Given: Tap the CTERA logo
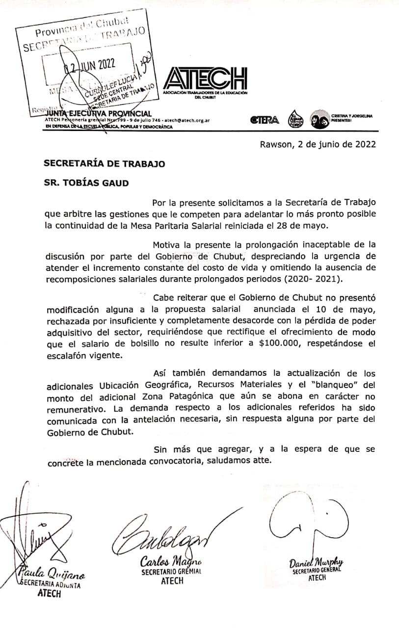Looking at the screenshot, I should [x=264, y=120].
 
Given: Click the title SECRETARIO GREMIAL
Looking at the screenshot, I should [x=171, y=572].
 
